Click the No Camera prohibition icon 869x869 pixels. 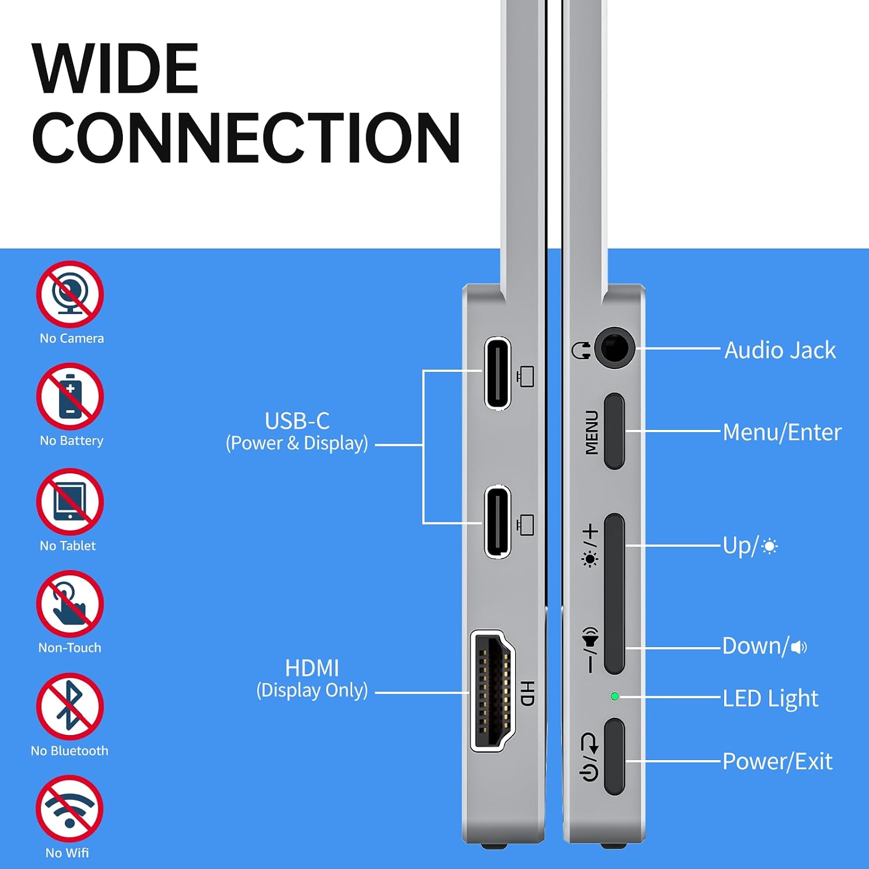70,294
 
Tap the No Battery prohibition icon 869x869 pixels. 70,396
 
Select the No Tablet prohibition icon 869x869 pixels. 70,501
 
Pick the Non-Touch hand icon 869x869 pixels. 70,604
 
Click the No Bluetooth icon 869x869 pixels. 70,706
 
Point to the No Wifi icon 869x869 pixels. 70,809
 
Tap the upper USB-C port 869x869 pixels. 498,373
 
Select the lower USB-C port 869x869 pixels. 498,522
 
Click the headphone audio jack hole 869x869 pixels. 614,348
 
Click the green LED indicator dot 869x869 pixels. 615,696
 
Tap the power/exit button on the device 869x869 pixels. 614,757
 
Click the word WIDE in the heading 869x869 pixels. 116,69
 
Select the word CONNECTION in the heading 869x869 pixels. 246,137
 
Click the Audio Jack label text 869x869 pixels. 780,350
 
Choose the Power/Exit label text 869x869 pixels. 777,761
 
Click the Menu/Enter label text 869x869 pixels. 782,432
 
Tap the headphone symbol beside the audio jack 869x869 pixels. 581,350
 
